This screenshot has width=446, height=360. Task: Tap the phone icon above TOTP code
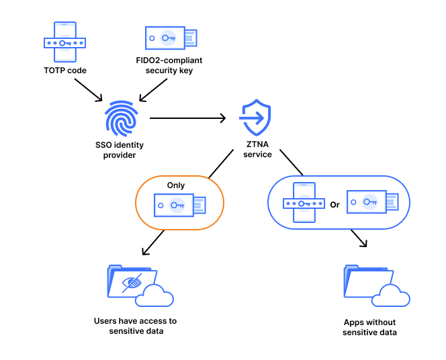coord(64,41)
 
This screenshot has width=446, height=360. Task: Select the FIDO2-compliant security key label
coord(169,65)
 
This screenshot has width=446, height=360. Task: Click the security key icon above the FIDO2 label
coord(171,38)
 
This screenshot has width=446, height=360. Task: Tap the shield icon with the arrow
coord(257,118)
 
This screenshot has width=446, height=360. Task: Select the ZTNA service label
coord(257,149)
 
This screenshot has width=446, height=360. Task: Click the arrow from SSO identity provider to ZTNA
coord(187,119)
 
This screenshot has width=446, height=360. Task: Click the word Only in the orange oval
coord(176,185)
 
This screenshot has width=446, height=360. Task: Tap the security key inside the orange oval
coord(179,206)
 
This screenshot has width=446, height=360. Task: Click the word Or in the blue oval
coord(334,204)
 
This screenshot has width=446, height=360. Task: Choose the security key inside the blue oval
coord(371,201)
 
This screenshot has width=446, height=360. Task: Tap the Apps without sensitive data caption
coord(369,327)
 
